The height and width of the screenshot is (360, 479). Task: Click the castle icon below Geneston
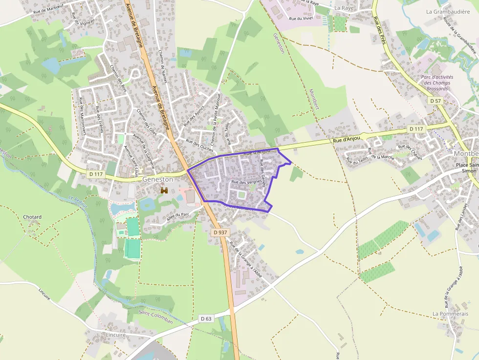coord(164,191)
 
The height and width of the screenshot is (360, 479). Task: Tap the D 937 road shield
coord(220,233)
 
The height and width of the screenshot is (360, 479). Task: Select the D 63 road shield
coord(206,319)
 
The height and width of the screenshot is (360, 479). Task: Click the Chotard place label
coord(32,217)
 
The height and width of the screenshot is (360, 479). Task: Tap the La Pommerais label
coord(450,314)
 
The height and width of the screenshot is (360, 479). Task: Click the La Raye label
coord(344,8)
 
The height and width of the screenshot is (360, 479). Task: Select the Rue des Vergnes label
coord(246,182)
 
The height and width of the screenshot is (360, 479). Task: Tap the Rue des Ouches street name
coord(199,145)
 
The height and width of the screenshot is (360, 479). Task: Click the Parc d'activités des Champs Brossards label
coord(437,84)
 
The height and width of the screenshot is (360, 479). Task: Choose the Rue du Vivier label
coord(301,19)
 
